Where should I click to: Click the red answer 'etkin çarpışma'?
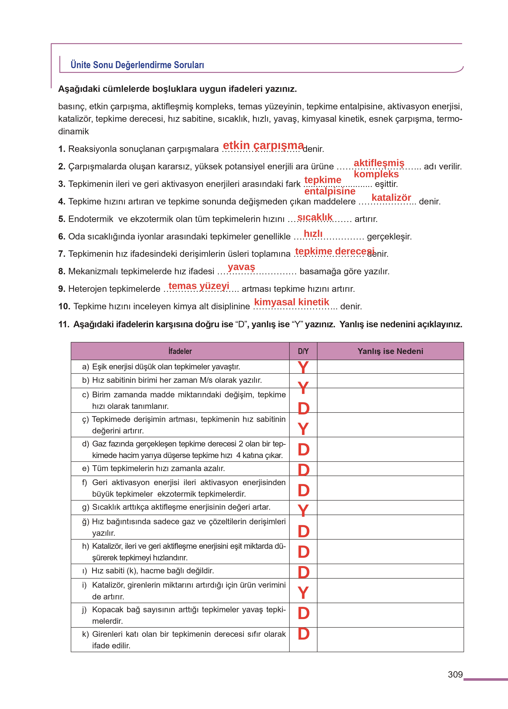[263, 145]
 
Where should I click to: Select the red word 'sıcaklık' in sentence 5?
[315, 217]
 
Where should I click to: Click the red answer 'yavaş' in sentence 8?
[241, 267]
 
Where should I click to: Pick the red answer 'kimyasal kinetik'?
[291, 302]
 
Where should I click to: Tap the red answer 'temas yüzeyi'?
[199, 286]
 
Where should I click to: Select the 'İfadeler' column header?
[180, 351]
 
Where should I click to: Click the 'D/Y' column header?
[303, 351]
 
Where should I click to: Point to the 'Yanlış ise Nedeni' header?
[390, 351]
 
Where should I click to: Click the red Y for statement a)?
[303, 367]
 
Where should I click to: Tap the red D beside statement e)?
[304, 470]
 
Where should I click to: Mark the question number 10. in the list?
[64, 306]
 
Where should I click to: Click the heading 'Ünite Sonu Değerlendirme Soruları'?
[137, 65]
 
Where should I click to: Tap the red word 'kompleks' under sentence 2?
[376, 174]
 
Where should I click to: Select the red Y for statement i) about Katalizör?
[303, 593]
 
